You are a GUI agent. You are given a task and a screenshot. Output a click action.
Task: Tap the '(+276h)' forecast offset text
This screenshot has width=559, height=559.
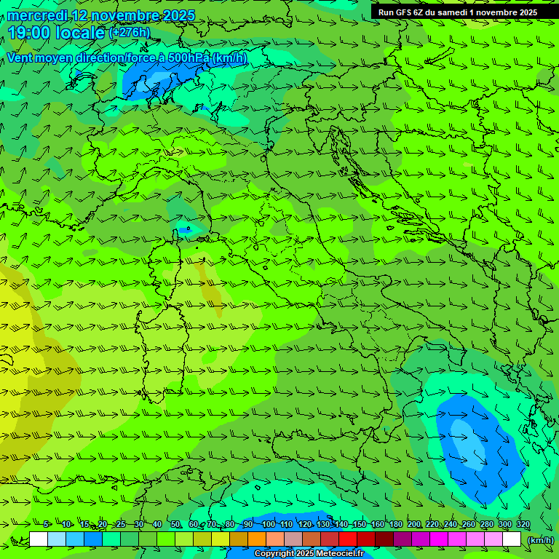click(129, 32)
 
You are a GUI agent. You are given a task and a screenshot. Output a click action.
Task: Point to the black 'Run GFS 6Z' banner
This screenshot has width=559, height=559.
click(457, 12)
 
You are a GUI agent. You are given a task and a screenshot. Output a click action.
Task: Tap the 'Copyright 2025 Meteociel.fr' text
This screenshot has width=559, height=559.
click(309, 554)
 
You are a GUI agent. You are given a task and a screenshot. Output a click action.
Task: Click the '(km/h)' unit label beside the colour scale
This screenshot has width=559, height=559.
click(540, 539)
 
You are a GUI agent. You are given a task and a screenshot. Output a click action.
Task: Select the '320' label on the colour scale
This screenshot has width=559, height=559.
click(523, 524)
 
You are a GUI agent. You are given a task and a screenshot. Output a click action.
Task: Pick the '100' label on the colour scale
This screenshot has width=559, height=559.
click(269, 524)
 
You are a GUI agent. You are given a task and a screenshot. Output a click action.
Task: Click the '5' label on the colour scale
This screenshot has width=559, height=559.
click(47, 524)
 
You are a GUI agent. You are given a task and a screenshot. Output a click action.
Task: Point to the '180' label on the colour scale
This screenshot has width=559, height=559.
click(395, 524)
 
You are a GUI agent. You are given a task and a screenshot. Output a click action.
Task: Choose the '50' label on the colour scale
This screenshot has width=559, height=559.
click(175, 524)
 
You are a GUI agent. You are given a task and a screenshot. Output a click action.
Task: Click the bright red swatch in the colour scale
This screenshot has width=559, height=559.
click(347, 539)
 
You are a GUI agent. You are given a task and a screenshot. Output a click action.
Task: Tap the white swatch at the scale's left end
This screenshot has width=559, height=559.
click(39, 539)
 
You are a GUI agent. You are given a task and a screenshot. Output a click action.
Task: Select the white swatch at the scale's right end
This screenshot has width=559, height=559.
click(512, 539)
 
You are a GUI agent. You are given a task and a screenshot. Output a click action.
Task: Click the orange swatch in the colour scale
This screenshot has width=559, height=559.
click(256, 539)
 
